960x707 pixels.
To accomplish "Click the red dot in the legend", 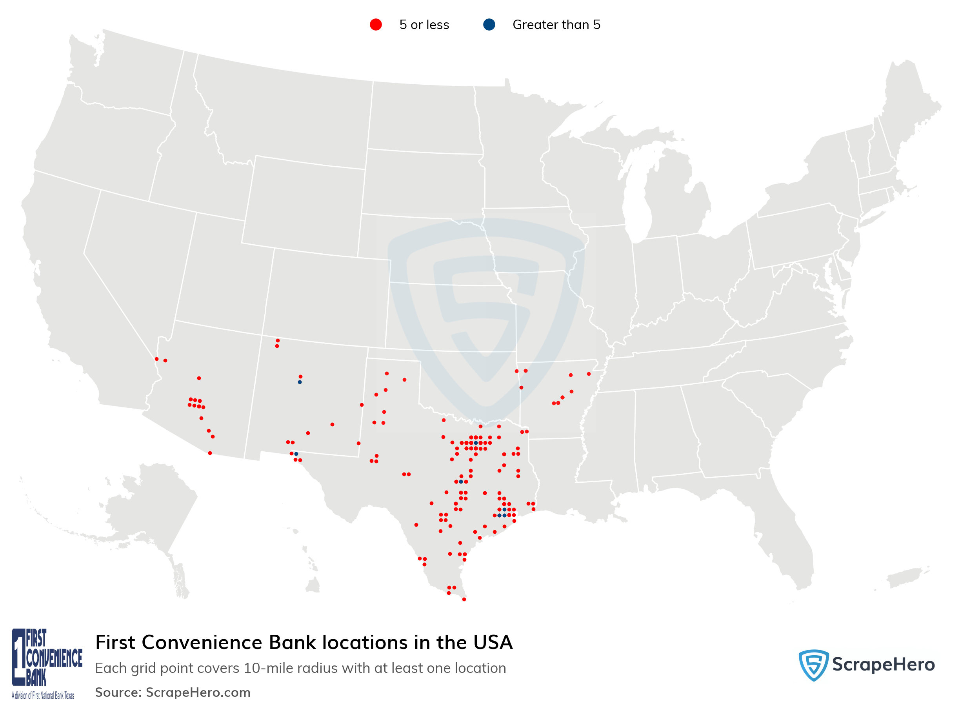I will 376,25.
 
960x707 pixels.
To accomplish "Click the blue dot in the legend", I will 489,25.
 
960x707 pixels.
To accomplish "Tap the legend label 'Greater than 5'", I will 556,25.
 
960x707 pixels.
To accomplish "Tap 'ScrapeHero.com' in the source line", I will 198,692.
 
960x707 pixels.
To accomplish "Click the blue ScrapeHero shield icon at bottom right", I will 813,665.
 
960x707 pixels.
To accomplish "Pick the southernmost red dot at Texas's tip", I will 464,600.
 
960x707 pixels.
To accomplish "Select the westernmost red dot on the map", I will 156,359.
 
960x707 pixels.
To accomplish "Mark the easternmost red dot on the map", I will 589,374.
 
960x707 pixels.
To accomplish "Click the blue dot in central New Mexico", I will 300,382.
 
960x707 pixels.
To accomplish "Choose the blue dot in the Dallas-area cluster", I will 476,443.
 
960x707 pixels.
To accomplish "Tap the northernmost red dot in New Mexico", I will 278,341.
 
